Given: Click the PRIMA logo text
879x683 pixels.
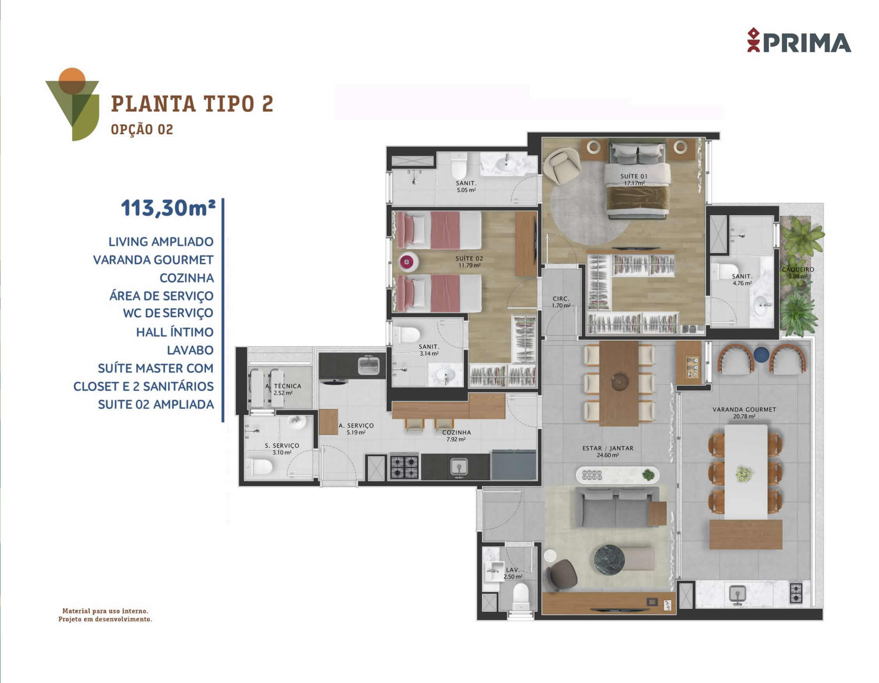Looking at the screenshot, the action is pyautogui.click(x=807, y=43).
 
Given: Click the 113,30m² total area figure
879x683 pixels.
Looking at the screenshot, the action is pyautogui.click(x=168, y=208).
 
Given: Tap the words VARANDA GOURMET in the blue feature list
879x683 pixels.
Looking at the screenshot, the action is pyautogui.click(x=153, y=260).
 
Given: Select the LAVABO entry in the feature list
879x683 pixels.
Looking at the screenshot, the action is pyautogui.click(x=190, y=350).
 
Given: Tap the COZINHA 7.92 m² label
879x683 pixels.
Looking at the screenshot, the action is pyautogui.click(x=456, y=435).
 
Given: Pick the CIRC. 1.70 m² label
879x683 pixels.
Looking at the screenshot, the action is pyautogui.click(x=561, y=302).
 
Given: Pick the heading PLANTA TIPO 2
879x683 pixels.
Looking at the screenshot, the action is pyautogui.click(x=192, y=104).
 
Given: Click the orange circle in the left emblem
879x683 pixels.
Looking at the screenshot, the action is pyautogui.click(x=72, y=79).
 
